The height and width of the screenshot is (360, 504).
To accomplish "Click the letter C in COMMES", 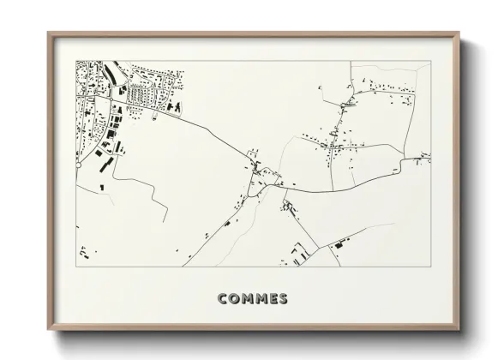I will click(x=223, y=299).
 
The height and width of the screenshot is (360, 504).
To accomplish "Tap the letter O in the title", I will click(x=236, y=299).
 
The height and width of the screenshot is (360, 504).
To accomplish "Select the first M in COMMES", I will click(x=249, y=299).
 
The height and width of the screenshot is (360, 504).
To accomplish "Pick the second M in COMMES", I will click(x=264, y=299).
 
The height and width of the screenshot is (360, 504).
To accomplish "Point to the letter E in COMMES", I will click(x=276, y=299).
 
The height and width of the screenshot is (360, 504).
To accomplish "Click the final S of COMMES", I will click(x=286, y=299).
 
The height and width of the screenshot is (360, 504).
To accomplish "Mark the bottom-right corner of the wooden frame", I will click(x=460, y=330).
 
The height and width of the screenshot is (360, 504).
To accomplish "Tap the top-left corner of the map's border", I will click(x=76, y=61).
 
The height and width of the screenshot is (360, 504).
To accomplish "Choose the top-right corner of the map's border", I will click(x=430, y=61).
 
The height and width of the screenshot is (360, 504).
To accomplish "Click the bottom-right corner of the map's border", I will click(x=430, y=266).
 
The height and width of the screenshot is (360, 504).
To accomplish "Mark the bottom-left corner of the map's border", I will click(x=76, y=266).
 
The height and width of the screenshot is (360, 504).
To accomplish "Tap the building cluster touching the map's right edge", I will click(x=423, y=158).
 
